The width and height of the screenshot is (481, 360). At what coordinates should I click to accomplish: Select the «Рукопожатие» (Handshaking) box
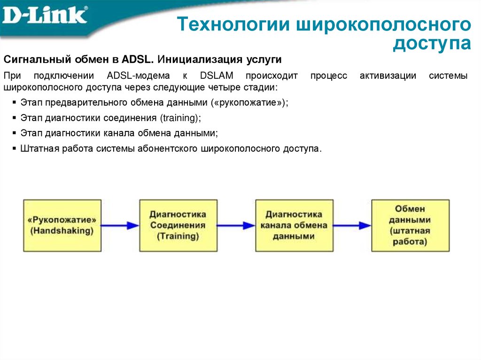pyautogui.click(x=62, y=225)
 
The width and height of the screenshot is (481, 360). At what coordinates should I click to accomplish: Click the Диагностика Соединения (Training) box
pyautogui.click(x=178, y=225)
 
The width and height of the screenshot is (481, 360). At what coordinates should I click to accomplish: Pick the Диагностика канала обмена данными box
pyautogui.click(x=294, y=225)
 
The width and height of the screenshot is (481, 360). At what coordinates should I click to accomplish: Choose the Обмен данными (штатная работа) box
pyautogui.click(x=410, y=225)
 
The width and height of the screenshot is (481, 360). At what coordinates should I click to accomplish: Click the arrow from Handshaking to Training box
pyautogui.click(x=120, y=225)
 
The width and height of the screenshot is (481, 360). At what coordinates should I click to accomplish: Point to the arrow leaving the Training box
pyautogui.click(x=236, y=225)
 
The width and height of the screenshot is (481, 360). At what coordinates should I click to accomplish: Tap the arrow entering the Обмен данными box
pyautogui.click(x=352, y=225)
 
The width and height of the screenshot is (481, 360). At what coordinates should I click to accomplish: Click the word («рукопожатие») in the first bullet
pyautogui.click(x=250, y=103)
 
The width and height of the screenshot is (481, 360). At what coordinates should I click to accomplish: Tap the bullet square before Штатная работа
pyautogui.click(x=14, y=148)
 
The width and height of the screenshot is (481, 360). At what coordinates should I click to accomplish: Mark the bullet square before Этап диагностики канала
pyautogui.click(x=14, y=133)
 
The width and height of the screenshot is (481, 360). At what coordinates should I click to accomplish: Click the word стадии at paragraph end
pyautogui.click(x=263, y=88)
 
